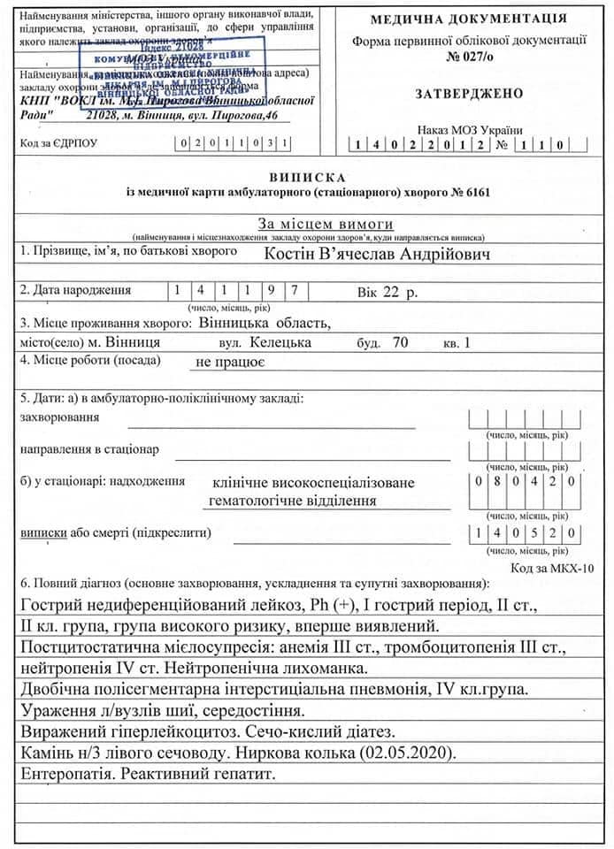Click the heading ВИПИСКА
click(307, 178)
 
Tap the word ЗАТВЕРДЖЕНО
click(468, 94)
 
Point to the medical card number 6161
click(474, 192)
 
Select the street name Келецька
click(280, 340)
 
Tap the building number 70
click(399, 340)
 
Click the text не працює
click(230, 361)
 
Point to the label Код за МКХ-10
click(553, 568)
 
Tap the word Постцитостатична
click(88, 648)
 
